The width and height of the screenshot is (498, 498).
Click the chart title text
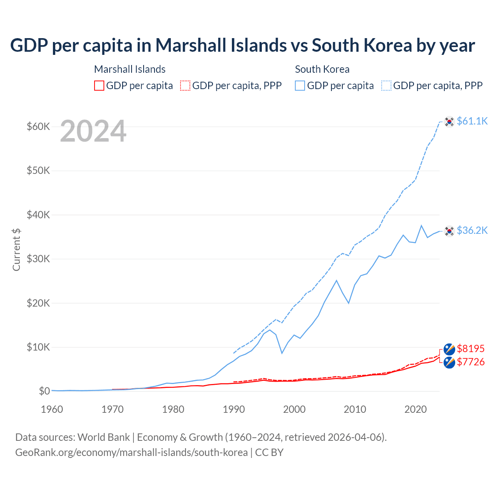242,46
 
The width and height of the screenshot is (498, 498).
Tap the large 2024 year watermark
93,132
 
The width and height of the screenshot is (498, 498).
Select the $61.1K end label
472,121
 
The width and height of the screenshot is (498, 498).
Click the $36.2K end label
472,230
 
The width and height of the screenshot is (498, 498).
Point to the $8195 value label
470,348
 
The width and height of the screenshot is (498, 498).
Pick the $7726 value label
470,362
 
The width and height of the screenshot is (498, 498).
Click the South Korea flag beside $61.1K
449,122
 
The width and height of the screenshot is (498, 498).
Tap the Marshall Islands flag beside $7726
449,363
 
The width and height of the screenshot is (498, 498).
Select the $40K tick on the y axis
38,215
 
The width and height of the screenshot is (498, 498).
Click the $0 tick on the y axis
44,391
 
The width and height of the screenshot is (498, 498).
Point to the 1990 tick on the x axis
234,409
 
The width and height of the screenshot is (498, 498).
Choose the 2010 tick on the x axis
355,409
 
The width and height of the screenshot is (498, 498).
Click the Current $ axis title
16,250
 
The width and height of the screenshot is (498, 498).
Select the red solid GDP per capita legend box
99,86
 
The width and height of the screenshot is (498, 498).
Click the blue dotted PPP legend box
386,86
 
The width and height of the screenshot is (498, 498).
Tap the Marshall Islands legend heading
130,69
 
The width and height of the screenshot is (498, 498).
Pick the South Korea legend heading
322,69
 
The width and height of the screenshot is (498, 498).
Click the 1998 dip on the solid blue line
282,353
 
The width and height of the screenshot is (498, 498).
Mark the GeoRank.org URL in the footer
132,452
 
